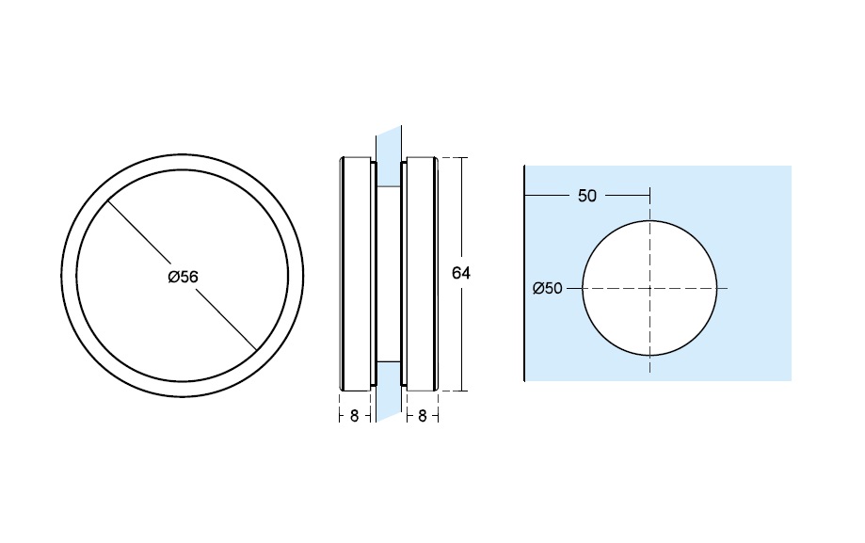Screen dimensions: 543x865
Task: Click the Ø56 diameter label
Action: [183, 277]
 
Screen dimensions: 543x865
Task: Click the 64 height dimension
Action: [461, 274]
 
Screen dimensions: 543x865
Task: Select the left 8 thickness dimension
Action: [354, 416]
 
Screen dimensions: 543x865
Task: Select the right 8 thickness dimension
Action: [422, 416]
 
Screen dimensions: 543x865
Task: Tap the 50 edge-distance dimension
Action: [587, 196]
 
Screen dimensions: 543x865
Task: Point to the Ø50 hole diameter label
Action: [547, 288]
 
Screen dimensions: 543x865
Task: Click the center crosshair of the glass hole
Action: [649, 288]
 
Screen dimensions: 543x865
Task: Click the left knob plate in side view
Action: [356, 273]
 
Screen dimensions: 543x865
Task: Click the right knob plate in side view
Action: [420, 273]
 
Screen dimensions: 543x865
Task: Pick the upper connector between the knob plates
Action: [388, 186]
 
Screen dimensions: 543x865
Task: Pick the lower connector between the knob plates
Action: [388, 361]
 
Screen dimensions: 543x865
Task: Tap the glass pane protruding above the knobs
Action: [388, 141]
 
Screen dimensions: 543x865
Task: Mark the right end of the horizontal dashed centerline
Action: [727, 288]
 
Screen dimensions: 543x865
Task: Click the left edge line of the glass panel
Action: [523, 273]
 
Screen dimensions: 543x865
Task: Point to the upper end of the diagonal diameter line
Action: [108, 202]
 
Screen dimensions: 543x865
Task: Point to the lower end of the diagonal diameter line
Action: [256, 350]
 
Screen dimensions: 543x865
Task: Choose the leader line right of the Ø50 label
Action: [573, 288]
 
